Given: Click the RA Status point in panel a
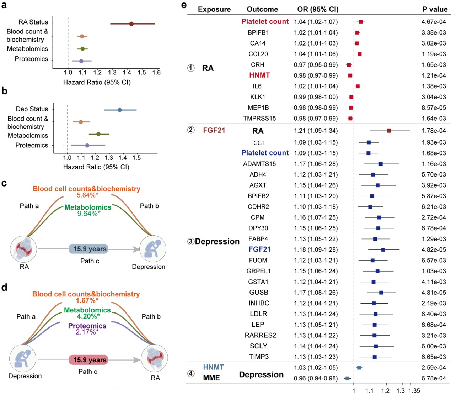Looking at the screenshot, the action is pos(131,24).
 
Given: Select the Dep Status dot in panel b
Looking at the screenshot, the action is pos(120,110).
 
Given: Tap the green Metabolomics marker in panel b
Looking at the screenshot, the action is pos(98,134).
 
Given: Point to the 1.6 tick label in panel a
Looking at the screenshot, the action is pos(156,72).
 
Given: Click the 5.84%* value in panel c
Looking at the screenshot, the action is pos(87,195).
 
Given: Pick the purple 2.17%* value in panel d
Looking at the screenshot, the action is pos(87,332).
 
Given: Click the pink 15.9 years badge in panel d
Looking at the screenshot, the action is pos(88,360).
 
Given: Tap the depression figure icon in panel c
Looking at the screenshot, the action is pos(153,248).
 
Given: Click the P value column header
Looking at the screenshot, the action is pos(435,9).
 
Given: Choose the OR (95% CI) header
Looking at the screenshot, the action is pos(318,9).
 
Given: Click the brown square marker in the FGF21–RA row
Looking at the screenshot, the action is pos(389,131).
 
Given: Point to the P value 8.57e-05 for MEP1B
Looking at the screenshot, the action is pos(434,108).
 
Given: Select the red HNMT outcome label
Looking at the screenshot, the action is pos(259,75).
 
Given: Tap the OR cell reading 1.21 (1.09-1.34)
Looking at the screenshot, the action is pos(316,131).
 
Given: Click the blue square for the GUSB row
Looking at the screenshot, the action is pos(381,293).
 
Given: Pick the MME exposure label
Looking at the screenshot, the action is pos(211,378).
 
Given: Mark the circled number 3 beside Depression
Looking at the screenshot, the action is pos(191,241).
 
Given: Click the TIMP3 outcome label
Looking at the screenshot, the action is pos(259,357).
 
